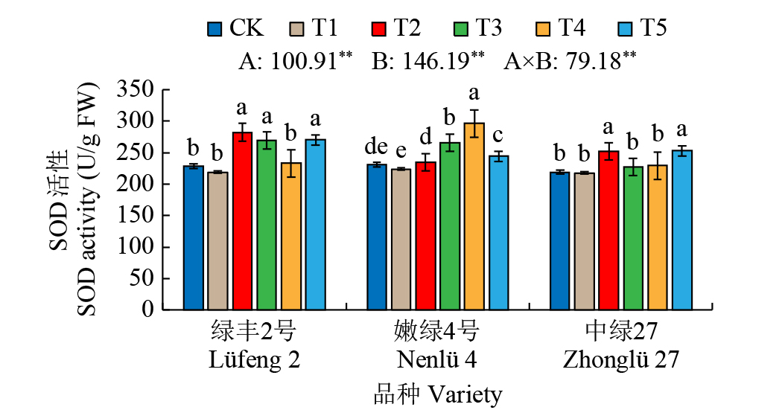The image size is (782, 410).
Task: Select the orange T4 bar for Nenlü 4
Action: point(474,217)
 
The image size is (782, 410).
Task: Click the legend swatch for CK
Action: point(215,29)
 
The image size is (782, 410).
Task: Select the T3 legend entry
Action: point(477,29)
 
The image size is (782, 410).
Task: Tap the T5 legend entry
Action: point(643,29)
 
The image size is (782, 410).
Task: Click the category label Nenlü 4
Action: point(436,360)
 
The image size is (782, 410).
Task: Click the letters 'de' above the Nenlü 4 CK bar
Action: point(376,148)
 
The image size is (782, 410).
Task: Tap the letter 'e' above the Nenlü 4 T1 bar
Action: point(401,153)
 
